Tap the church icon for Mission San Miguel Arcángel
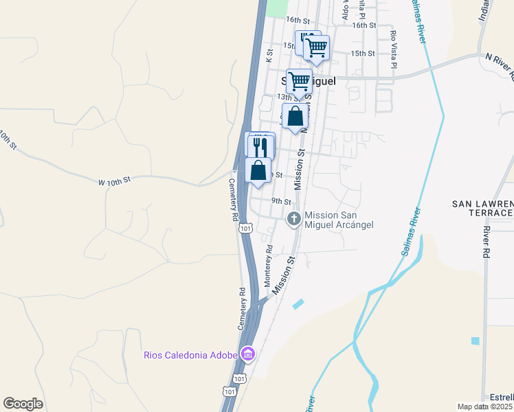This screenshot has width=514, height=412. (x=293, y=219)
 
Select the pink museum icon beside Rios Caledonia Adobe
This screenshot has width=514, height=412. (x=247, y=354)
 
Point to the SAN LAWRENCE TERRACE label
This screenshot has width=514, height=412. (x=482, y=209)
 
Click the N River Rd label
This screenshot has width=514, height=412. (x=499, y=62)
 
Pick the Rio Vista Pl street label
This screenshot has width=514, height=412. (x=394, y=50)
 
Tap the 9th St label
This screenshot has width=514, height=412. (x=281, y=201)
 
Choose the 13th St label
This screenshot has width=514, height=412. (x=285, y=97)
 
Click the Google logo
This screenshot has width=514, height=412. (x=23, y=404)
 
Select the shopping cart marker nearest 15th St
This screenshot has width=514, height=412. (x=316, y=48)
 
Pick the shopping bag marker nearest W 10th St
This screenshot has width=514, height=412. (x=258, y=170)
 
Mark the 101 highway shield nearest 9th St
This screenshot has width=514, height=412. (x=245, y=228)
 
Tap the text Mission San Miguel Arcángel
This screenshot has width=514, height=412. (x=339, y=220)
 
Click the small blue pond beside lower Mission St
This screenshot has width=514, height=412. (x=298, y=304)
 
